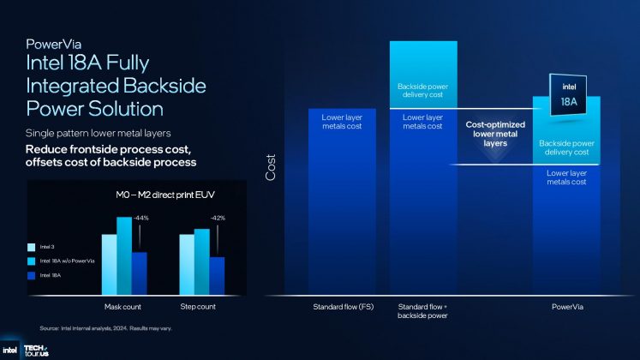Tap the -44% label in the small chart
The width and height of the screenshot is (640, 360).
tap(141, 219)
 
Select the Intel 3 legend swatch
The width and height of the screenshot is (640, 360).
tap(32, 246)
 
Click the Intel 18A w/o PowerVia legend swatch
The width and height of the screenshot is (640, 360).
tap(32, 260)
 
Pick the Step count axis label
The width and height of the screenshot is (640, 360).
tap(200, 306)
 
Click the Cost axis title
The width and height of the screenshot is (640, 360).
tap(271, 166)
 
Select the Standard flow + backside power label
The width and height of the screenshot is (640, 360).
tap(422, 309)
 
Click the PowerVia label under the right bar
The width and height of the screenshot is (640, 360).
tap(566, 305)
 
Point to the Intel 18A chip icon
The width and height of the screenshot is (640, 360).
tap(566, 94)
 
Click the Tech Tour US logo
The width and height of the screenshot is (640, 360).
tap(37, 350)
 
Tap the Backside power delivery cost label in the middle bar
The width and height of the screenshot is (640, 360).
tap(422, 92)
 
